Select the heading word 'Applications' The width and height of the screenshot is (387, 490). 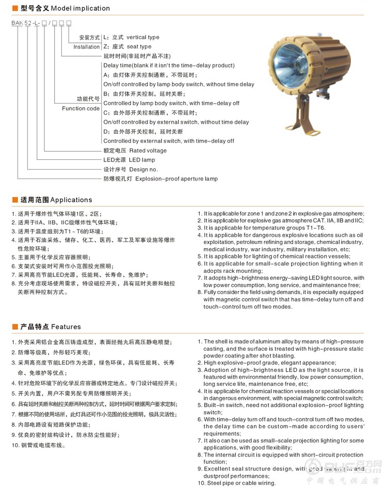click(71, 200)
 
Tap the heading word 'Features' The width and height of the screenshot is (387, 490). click(66, 326)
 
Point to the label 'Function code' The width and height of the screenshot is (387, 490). click(80, 108)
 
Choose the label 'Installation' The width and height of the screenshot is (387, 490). click(86, 47)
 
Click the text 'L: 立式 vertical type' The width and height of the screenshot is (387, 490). click(132, 37)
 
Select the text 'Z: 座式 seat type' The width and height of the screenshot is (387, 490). click(127, 46)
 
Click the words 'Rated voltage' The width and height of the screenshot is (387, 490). click(148, 151)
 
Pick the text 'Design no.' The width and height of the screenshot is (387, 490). click(143, 169)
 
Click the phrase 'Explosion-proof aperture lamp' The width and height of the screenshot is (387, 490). click(176, 178)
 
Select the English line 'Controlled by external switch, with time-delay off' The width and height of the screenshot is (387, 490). click(169, 141)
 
